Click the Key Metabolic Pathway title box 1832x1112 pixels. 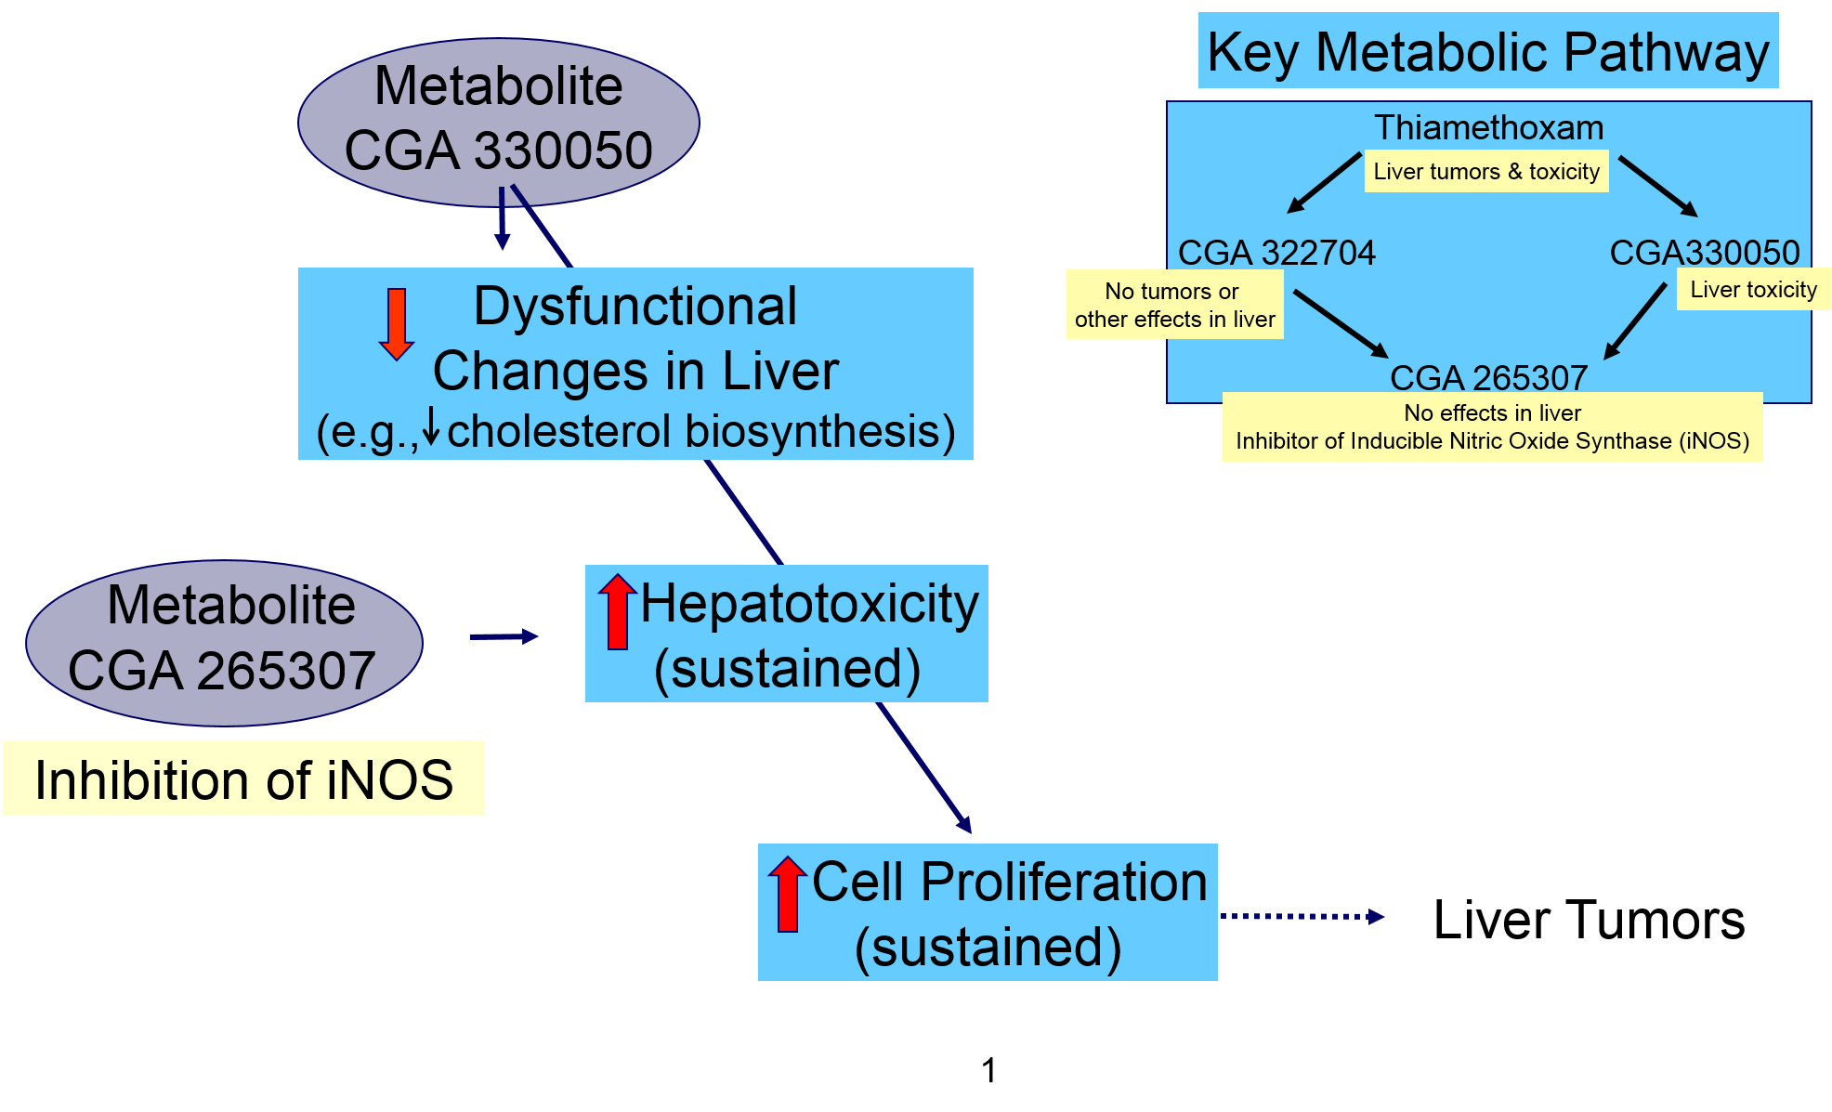[1487, 51]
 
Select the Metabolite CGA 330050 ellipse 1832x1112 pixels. [498, 121]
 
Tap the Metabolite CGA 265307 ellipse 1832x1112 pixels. [224, 642]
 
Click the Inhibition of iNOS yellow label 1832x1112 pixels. [243, 778]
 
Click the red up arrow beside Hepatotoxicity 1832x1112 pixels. [617, 611]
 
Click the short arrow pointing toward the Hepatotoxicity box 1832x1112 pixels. [504, 636]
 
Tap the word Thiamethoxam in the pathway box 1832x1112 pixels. [1488, 127]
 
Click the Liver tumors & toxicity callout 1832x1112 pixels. [1485, 172]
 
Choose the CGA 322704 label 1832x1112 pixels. [1276, 253]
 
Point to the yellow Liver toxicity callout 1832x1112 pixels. [1753, 290]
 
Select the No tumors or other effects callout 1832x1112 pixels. [1174, 305]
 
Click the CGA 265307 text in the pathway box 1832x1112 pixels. [1488, 377]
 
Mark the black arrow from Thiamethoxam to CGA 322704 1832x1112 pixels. [1324, 182]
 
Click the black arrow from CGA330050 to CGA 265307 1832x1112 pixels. [1636, 321]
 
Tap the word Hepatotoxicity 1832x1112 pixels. [809, 604]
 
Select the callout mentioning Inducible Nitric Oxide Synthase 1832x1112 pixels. [1492, 426]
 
